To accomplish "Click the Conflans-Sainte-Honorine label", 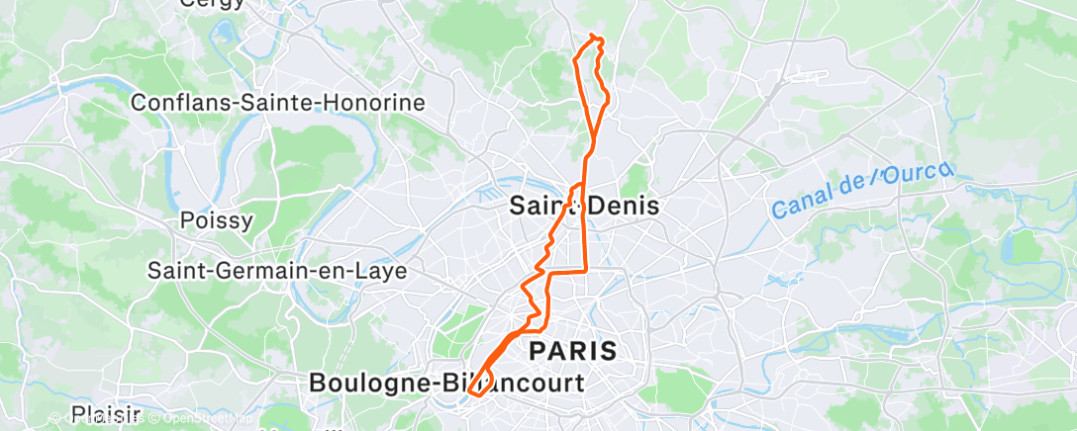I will click(278, 102).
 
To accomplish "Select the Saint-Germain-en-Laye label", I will click(276, 270).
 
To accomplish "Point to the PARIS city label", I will click(573, 350).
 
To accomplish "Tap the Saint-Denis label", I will click(583, 206).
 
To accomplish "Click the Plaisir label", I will click(107, 413).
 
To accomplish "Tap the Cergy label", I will click(212, 4).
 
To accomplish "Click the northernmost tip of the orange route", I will click(593, 36).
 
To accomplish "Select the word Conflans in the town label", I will click(176, 102).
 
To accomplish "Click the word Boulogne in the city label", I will click(370, 382).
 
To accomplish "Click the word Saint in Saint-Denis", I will click(540, 206).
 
